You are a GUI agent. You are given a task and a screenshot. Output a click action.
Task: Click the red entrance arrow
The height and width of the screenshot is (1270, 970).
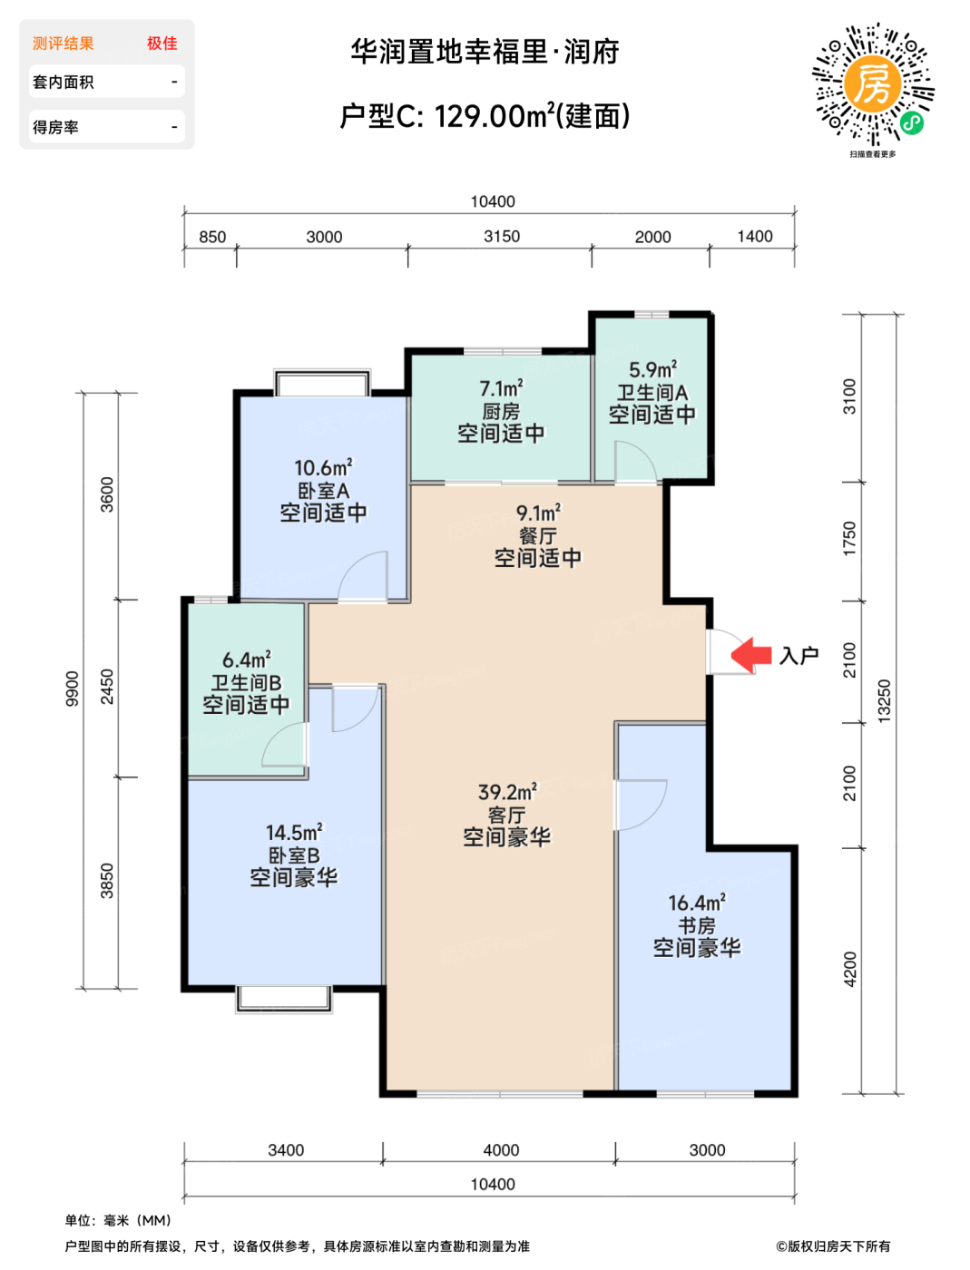(750, 655)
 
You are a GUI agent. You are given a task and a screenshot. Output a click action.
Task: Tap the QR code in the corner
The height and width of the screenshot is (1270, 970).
(873, 84)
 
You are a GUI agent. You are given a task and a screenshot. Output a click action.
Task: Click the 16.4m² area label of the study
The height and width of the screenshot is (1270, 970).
(697, 903)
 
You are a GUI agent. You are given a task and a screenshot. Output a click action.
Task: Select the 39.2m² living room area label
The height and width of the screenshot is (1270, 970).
(507, 792)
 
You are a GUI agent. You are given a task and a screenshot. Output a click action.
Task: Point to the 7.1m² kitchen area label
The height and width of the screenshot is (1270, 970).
(501, 388)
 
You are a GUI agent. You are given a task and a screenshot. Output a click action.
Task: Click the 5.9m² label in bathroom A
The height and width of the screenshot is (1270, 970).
(652, 369)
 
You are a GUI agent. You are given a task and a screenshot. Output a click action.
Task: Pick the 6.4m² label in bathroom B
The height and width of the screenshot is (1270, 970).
(247, 659)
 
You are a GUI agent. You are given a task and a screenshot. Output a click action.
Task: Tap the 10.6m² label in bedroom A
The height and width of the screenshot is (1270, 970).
(324, 467)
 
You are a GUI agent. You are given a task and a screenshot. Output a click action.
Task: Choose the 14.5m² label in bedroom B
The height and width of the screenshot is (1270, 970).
(294, 833)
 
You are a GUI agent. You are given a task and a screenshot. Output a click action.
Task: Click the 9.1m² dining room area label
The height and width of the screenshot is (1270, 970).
(538, 513)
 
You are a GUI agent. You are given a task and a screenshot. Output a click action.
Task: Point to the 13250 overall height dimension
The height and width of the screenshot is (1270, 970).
(884, 700)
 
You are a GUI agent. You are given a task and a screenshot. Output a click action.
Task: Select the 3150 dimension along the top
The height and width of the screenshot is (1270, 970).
(502, 236)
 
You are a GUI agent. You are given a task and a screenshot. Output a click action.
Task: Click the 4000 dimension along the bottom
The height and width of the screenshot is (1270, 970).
(501, 1149)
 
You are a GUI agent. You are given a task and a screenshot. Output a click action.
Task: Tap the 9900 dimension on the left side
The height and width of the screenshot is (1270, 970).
(72, 689)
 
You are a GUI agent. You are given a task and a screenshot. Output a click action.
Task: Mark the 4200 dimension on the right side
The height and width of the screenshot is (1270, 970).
(849, 969)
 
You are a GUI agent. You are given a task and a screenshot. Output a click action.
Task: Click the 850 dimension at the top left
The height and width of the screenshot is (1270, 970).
(212, 237)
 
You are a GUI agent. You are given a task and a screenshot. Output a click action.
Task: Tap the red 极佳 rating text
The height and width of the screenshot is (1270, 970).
(162, 44)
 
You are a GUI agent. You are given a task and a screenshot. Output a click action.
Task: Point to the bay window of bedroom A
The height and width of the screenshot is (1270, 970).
(322, 383)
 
